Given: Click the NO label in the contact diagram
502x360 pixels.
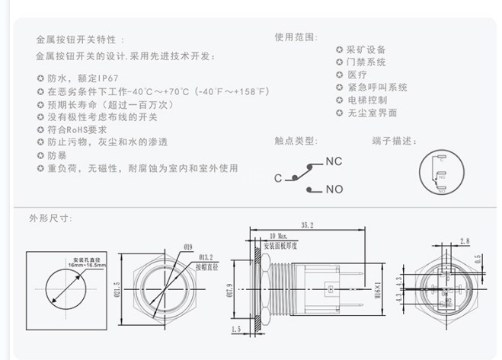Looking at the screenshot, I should (x=334, y=190).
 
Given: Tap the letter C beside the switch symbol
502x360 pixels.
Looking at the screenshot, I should (x=278, y=177).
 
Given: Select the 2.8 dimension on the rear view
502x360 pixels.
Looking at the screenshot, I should (x=464, y=241).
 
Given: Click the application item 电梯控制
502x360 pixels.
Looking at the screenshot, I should (x=367, y=100).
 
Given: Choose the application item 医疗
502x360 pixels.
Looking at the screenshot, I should (x=357, y=75).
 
